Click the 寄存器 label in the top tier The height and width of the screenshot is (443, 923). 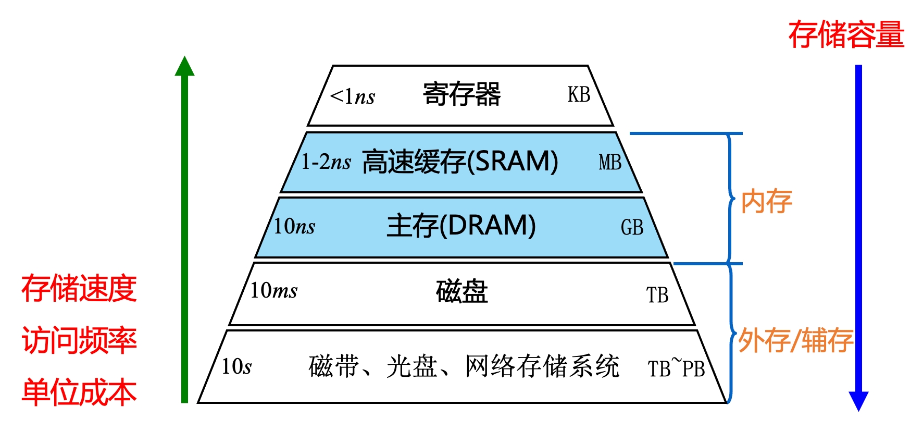(461, 94)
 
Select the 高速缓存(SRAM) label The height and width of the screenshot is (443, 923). (460, 161)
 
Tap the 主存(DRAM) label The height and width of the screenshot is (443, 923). (461, 226)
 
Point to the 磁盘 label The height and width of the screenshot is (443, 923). (461, 291)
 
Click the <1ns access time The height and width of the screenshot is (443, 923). (352, 96)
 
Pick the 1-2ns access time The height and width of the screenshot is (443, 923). (326, 162)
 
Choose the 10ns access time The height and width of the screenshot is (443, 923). (294, 226)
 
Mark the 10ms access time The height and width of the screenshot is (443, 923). (273, 290)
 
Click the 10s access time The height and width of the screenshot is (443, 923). (236, 366)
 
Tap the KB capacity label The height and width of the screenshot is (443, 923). (579, 95)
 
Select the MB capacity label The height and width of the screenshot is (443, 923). (610, 162)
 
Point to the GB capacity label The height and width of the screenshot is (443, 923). (632, 227)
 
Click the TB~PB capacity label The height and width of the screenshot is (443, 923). (676, 367)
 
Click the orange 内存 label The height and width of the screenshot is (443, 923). (766, 202)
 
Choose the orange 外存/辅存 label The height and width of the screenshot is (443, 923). (795, 340)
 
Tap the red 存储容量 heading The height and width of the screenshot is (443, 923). (846, 35)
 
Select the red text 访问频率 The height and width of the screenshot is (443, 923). (79, 340)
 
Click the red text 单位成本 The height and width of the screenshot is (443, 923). (79, 392)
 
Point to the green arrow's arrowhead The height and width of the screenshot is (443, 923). (184, 67)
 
